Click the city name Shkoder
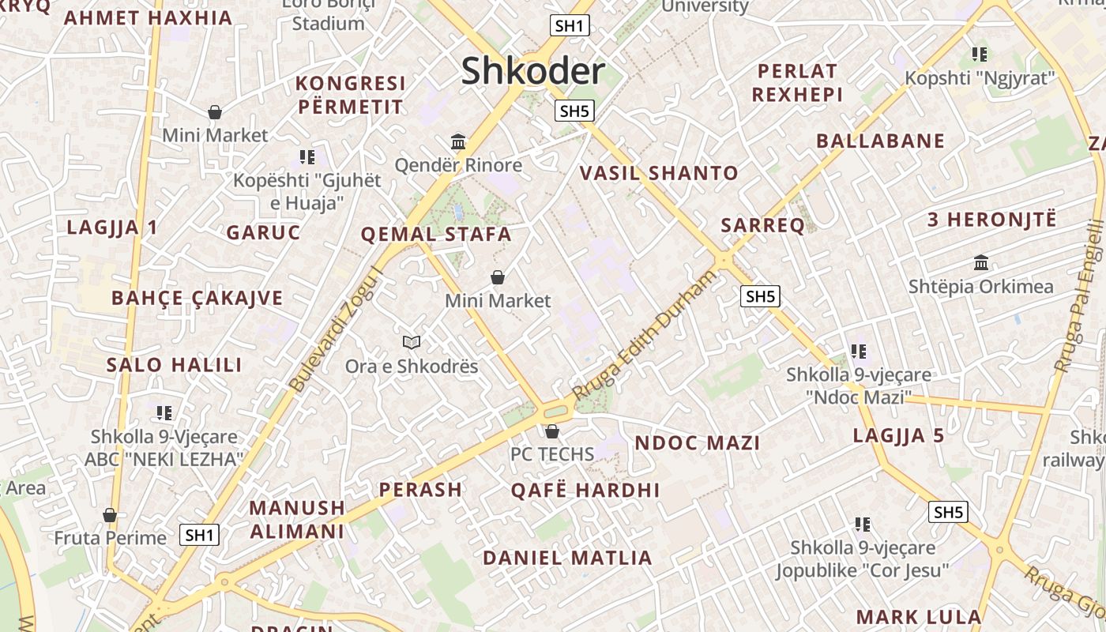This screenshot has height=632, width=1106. click(533, 71)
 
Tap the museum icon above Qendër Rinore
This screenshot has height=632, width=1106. click(458, 142)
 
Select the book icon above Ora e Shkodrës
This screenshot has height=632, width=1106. click(412, 342)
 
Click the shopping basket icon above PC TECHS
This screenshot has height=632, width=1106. click(552, 431)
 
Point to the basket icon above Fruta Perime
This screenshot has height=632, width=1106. click(110, 515)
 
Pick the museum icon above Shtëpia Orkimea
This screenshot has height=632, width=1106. click(981, 262)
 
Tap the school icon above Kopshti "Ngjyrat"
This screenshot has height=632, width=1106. click(980, 55)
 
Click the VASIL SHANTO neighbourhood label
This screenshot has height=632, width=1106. click(660, 173)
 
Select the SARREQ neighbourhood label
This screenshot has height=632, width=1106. click(762, 226)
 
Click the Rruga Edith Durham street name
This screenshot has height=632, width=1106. click(643, 335)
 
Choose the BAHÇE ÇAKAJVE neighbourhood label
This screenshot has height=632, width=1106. click(197, 298)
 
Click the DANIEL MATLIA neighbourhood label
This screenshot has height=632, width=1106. click(567, 558)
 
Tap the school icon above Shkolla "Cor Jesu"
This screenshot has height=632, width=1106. click(863, 524)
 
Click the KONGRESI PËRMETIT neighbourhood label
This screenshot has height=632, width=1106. click(350, 95)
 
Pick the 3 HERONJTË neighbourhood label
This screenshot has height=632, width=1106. click(991, 220)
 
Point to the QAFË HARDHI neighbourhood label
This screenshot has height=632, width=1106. click(585, 490)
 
